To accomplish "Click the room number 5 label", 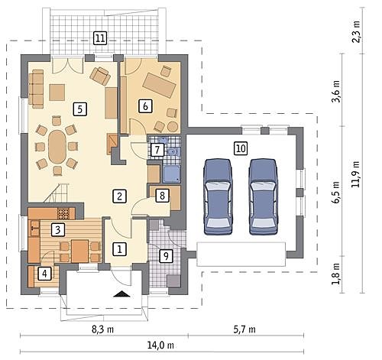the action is (80, 109).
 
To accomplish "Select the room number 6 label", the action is (145, 106).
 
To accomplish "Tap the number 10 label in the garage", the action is (241, 148).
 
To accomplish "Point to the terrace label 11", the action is (100, 38).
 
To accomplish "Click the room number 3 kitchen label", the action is (58, 230).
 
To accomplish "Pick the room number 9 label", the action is (166, 255).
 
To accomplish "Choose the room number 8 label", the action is (162, 196).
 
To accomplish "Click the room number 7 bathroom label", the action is (157, 150).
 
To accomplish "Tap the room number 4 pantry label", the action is (44, 274).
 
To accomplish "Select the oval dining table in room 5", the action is (57, 147).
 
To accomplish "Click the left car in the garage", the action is (219, 196).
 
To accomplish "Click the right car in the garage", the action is (264, 196).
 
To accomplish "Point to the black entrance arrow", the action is (123, 294).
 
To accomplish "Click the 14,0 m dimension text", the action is (160, 345).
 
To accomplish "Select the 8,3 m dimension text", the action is (102, 329).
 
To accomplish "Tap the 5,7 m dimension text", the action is (244, 329).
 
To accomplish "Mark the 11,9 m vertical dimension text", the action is (355, 174).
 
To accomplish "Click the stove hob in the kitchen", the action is (63, 213).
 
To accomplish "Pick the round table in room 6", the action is (173, 126).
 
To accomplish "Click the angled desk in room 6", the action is (160, 85).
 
